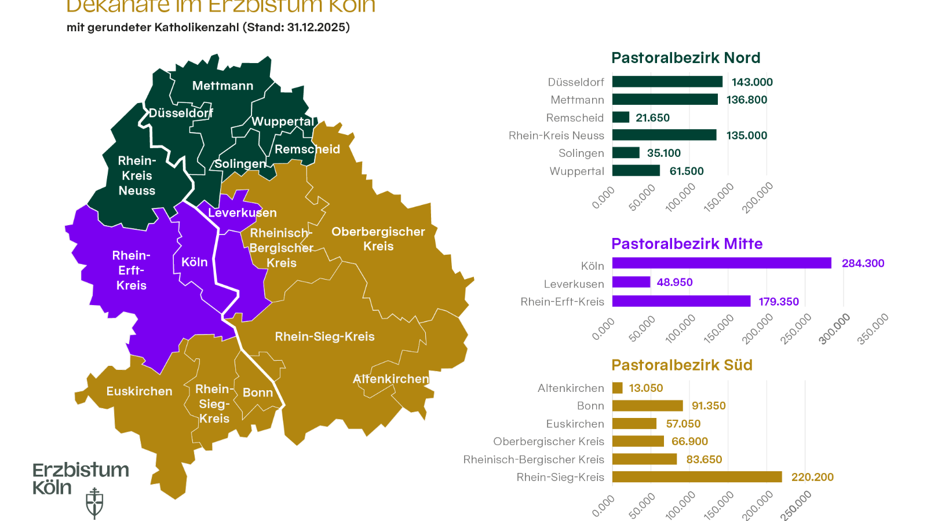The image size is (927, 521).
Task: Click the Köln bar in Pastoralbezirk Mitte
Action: click(721, 263)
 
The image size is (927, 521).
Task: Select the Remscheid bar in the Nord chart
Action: click(621, 118)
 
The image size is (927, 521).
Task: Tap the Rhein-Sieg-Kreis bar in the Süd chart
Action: click(697, 477)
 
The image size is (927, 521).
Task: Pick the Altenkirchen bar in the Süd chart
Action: click(618, 388)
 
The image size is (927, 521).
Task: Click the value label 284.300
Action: click(863, 263)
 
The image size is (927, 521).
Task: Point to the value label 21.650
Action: click(652, 118)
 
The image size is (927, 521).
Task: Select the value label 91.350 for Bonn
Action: click(709, 406)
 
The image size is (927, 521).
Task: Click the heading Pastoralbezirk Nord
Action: click(685, 58)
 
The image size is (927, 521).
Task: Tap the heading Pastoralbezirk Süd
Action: click(681, 365)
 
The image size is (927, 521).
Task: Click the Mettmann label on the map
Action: click(222, 86)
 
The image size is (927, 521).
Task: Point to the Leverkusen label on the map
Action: click(242, 212)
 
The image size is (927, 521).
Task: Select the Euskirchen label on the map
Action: click(139, 391)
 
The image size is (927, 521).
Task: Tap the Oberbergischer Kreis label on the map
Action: click(378, 239)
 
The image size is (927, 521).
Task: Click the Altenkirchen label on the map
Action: click(391, 379)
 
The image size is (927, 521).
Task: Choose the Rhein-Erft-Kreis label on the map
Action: click(132, 270)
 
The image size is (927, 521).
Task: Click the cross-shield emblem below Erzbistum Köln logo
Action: click(94, 502)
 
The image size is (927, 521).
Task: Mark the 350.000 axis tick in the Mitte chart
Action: click(873, 329)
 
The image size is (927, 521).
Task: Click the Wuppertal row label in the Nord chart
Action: click(576, 171)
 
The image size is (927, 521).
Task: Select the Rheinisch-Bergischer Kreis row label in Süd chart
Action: click(534, 460)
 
